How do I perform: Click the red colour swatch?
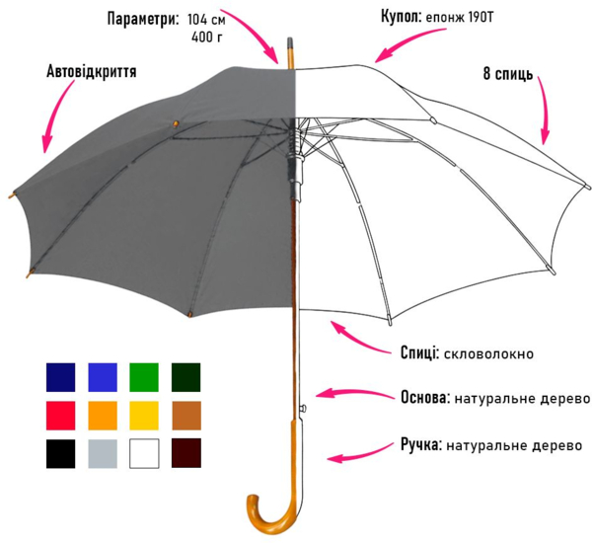pyautogui.click(x=60, y=415)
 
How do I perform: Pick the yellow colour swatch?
pyautogui.click(x=144, y=415)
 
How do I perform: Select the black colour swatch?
pyautogui.click(x=60, y=453)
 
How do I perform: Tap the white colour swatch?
pyautogui.click(x=144, y=453)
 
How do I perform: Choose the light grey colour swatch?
pyautogui.click(x=103, y=453)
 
